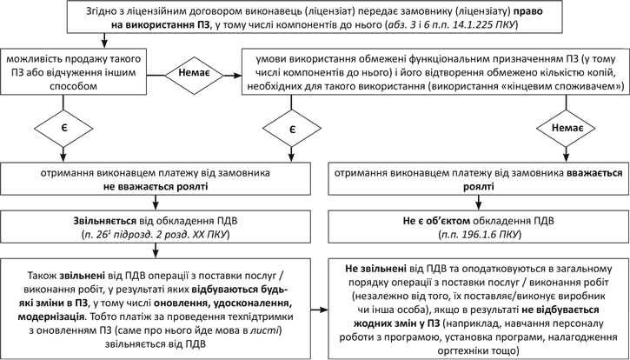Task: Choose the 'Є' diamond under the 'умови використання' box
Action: [x=293, y=128]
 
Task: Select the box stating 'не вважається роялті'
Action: [x=154, y=178]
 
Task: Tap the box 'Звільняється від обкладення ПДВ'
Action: [x=154, y=226]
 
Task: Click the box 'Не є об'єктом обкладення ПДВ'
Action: [x=479, y=226]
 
